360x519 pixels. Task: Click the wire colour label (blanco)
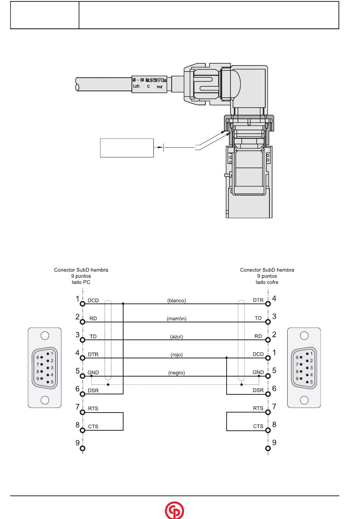[177, 300]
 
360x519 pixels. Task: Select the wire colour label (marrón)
[177, 319]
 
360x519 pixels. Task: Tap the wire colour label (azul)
[177, 336]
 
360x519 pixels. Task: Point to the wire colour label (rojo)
[177, 355]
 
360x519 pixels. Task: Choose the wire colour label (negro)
[177, 373]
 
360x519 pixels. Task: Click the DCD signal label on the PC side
[93, 300]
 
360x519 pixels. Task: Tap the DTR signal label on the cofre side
[258, 300]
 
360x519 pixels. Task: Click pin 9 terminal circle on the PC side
[83, 449]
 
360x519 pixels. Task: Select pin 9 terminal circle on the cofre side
[268, 449]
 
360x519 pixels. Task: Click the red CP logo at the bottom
[174, 510]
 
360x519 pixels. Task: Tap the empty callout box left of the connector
[127, 148]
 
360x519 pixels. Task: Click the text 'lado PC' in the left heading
[81, 282]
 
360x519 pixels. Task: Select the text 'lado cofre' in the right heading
[267, 282]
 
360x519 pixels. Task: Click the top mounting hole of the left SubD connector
[45, 336]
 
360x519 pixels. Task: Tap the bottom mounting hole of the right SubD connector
[304, 400]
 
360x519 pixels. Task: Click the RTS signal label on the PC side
[93, 408]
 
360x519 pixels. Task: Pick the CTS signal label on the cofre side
[258, 426]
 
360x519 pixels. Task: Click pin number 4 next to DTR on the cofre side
[274, 299]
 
